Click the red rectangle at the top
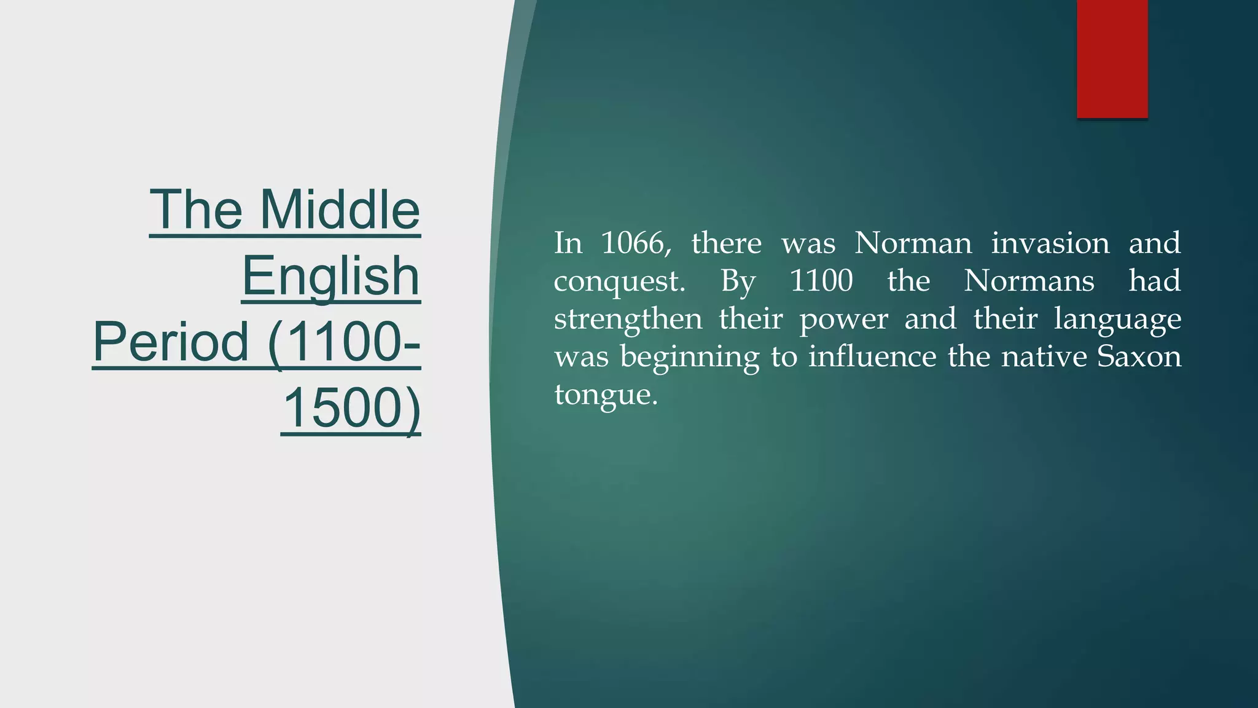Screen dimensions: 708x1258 coord(1112,59)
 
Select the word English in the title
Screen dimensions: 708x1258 coord(330,276)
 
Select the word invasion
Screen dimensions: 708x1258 coord(1050,243)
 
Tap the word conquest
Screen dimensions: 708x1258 coord(619,282)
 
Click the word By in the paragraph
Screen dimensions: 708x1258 coord(738,282)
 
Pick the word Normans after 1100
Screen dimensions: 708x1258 coord(1029,281)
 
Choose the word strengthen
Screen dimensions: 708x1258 coord(628,320)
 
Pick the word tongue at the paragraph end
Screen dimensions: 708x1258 coord(605,395)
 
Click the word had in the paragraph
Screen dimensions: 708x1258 coord(1154,281)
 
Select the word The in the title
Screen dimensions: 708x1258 coord(196,210)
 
